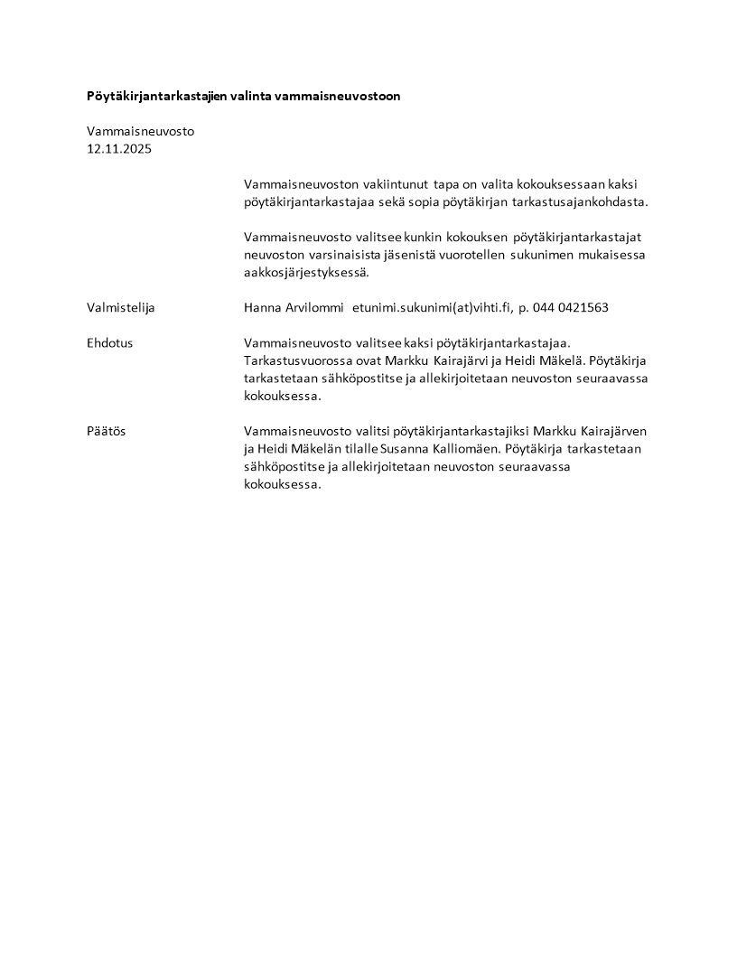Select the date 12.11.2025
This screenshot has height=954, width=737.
(x=119, y=149)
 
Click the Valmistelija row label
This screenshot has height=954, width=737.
(x=121, y=308)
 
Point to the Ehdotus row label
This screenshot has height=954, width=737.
(x=110, y=343)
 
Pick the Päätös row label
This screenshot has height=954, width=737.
(x=107, y=432)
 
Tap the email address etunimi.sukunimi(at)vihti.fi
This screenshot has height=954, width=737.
(x=431, y=308)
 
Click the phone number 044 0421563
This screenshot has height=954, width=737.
(x=571, y=308)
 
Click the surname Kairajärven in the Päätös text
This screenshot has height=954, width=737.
(x=611, y=432)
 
